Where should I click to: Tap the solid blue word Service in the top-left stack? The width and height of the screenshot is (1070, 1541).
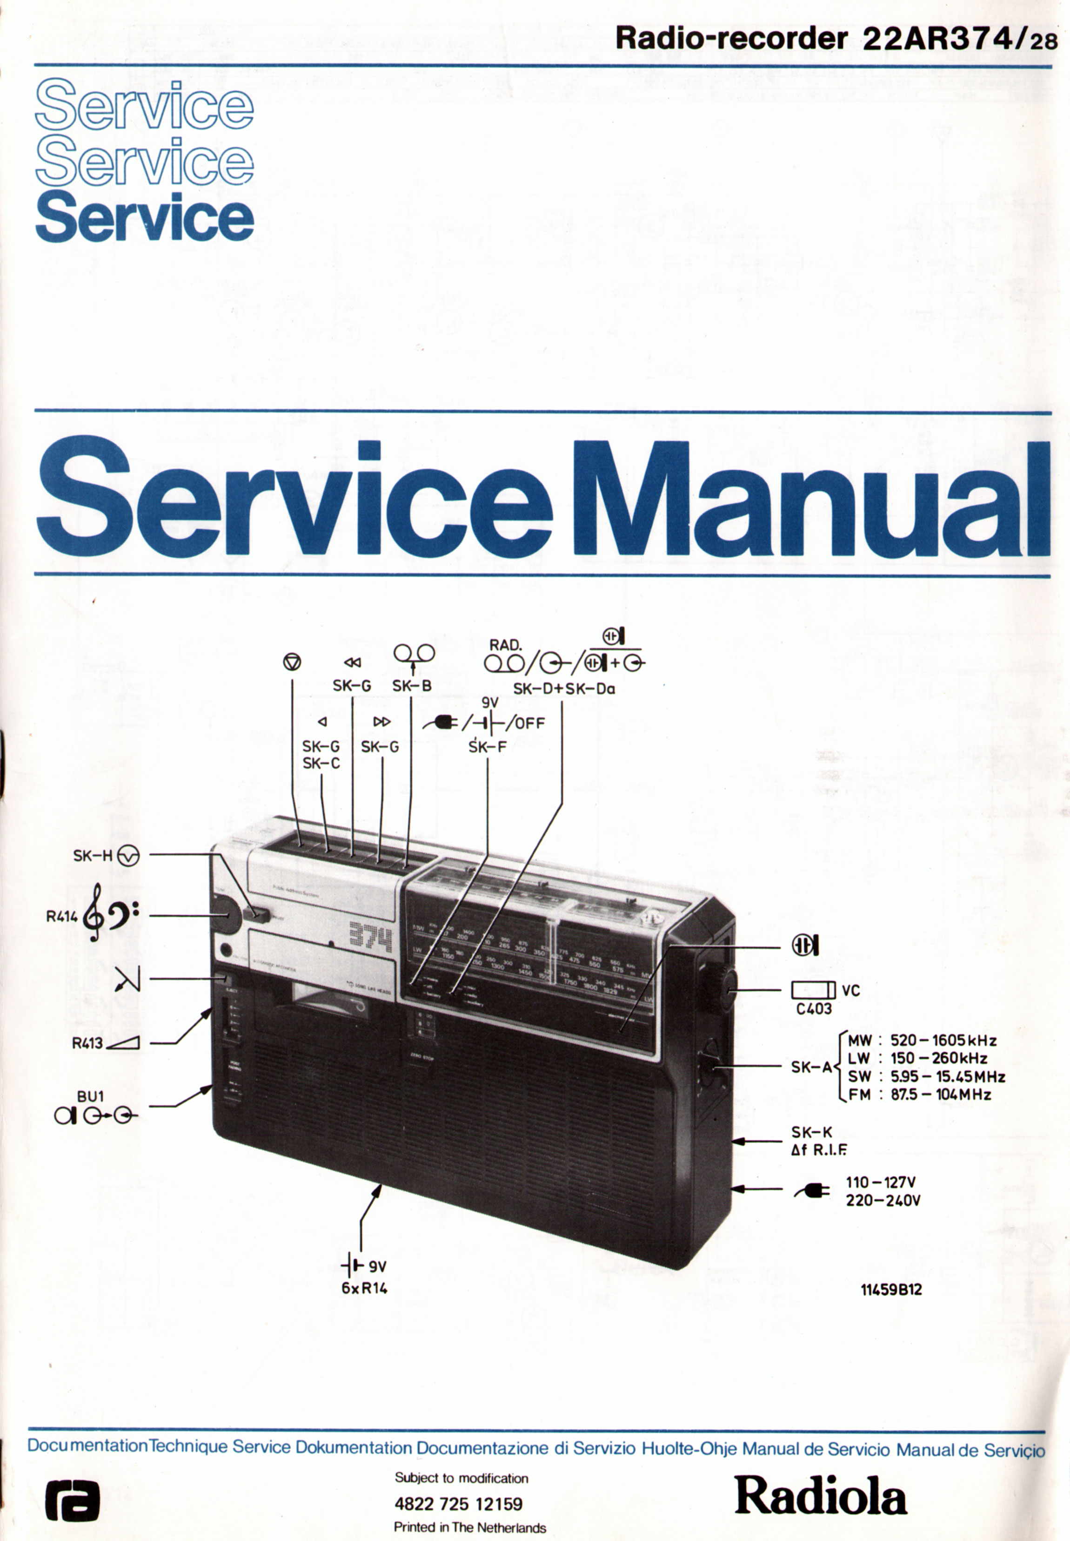coord(145,216)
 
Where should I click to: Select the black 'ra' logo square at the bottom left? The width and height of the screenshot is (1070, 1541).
coord(73,1500)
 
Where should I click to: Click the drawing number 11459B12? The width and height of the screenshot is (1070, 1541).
coord(891,1290)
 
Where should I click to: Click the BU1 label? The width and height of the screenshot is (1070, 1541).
coord(91,1096)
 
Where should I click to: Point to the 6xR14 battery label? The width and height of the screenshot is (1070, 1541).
coord(364,1288)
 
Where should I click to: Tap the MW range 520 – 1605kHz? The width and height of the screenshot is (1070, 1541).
coord(943,1041)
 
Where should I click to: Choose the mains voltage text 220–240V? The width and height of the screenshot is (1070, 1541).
coord(883,1200)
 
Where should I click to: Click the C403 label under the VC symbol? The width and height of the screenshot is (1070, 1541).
coord(814,1008)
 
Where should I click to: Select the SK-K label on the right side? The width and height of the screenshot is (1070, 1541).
coord(811,1132)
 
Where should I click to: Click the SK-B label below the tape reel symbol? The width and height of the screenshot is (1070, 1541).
coord(412,686)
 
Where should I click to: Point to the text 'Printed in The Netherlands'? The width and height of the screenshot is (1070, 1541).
coord(469,1527)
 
